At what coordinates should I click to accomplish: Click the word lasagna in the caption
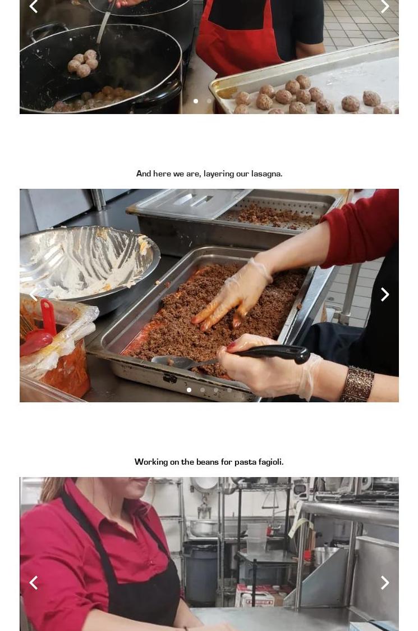(267, 174)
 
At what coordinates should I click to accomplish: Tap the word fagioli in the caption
(271, 462)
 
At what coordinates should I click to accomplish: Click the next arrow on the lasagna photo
(385, 294)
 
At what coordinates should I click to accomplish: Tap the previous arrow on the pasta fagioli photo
(34, 583)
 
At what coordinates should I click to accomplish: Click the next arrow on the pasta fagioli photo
(385, 583)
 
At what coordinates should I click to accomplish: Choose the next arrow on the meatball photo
(385, 6)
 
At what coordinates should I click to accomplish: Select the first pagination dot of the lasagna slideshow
(189, 389)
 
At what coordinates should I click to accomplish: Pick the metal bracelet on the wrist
(357, 384)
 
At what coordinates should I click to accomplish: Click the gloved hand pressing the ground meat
(233, 294)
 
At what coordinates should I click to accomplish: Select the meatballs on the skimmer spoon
(83, 63)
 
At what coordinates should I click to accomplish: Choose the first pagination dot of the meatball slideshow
(196, 101)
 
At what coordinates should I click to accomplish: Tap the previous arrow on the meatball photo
(34, 6)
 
